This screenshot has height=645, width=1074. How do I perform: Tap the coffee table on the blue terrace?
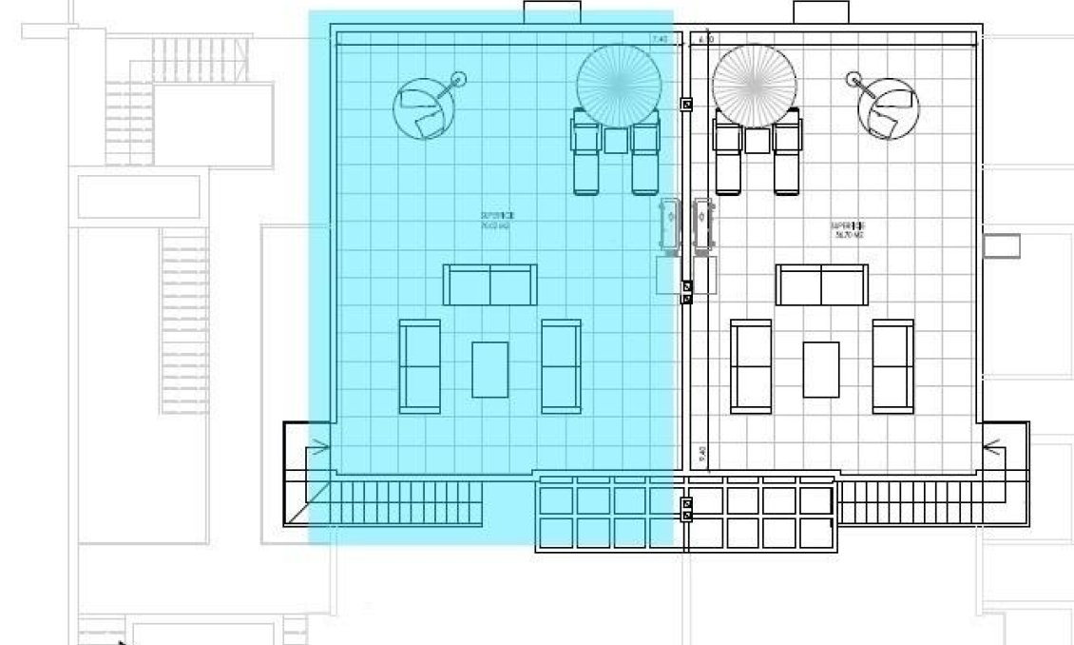(489, 369)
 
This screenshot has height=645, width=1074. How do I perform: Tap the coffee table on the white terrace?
(820, 369)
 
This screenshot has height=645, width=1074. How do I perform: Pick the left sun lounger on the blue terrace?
(586, 152)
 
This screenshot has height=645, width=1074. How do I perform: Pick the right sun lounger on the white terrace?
(788, 152)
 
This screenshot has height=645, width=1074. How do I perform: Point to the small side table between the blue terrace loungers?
(616, 140)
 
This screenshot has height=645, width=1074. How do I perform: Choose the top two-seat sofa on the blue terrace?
(489, 284)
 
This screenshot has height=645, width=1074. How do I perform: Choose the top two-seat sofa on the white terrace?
(821, 284)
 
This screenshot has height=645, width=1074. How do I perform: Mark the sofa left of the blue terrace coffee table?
(419, 366)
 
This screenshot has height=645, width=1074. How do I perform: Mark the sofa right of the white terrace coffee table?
(892, 366)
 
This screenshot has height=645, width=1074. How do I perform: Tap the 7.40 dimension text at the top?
(659, 39)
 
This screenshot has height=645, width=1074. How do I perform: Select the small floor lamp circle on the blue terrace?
(459, 79)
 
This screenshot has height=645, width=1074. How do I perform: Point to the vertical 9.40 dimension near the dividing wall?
(702, 455)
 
